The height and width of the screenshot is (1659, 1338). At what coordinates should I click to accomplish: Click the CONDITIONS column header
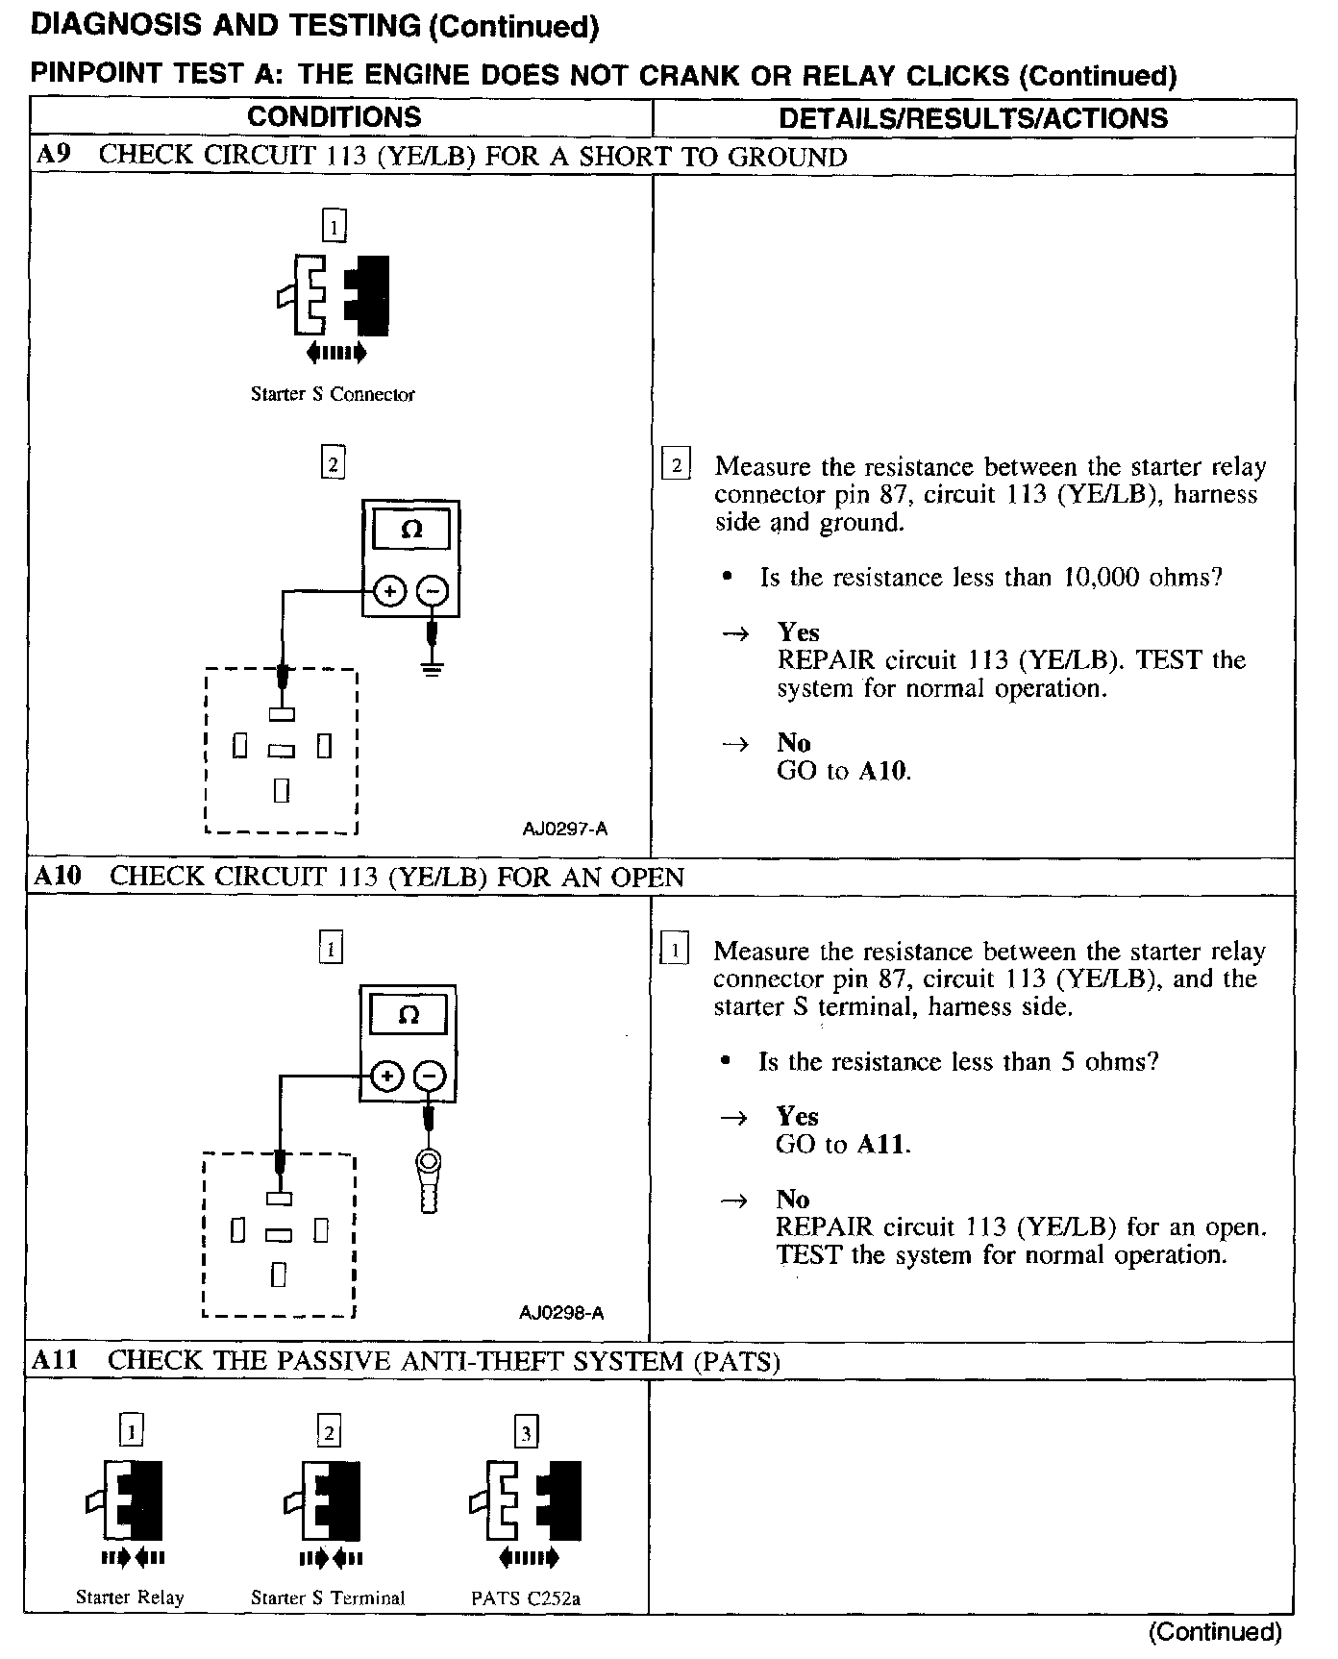334,117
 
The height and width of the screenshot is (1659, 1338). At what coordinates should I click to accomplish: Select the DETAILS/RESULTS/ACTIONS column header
973,118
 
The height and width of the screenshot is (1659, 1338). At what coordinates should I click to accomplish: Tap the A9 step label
53,156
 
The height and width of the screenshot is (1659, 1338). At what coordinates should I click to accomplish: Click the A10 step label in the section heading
59,876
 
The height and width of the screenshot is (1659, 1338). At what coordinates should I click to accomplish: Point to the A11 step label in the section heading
57,1360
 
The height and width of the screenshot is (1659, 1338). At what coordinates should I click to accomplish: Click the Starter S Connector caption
333,394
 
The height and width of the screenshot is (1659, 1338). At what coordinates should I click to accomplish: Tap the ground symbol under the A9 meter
433,667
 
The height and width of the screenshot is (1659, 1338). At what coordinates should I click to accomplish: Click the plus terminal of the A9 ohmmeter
389,591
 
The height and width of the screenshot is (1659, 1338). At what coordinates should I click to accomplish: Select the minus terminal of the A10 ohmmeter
430,1076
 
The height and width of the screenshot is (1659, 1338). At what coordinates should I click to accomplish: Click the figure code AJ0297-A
565,829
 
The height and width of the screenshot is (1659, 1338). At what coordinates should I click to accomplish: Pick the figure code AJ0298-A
561,1313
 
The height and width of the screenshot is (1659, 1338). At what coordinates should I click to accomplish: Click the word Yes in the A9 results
798,632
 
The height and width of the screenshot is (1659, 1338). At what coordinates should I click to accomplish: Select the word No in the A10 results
793,1200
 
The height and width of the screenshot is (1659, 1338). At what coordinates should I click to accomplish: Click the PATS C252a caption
526,1599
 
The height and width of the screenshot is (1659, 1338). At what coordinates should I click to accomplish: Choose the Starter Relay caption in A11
130,1597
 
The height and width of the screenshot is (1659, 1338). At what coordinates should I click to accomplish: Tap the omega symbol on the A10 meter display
408,1015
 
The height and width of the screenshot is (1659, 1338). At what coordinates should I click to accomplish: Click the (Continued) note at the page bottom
1215,1632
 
